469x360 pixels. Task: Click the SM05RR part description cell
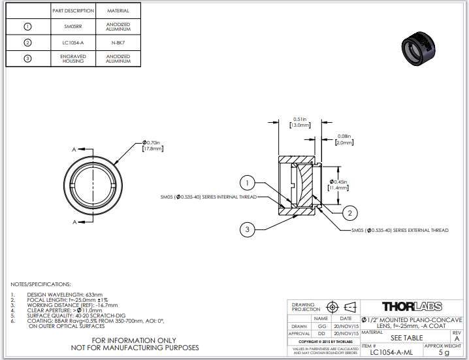click(74, 27)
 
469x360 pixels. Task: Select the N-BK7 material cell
click(118, 43)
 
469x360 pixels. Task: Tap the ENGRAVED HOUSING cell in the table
click(74, 59)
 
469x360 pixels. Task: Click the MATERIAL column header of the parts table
click(118, 11)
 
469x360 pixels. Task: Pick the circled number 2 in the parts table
click(27, 43)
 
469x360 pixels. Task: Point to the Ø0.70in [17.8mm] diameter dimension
click(152, 145)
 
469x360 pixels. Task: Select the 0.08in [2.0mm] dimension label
click(344, 139)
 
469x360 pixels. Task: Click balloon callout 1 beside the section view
click(246, 183)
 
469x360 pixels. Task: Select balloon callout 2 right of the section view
click(349, 212)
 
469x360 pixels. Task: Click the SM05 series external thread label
click(400, 230)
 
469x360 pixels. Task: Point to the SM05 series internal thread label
click(208, 196)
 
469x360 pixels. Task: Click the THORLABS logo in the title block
click(412, 306)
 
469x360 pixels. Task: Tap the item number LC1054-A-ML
click(391, 353)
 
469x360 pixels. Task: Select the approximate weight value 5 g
click(444, 353)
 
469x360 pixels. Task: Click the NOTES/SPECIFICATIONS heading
click(40, 284)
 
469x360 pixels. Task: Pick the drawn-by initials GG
click(321, 326)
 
